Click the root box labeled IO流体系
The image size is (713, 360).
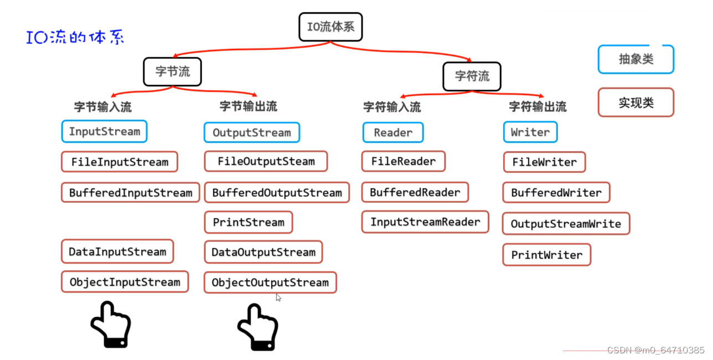(x=330, y=27)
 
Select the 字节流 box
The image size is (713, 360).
(x=172, y=72)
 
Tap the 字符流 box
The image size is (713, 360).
(x=472, y=76)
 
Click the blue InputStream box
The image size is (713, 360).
(x=104, y=132)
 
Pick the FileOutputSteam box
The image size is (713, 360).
(x=266, y=162)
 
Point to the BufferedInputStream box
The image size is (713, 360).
(x=130, y=193)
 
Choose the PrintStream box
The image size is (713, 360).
(x=248, y=222)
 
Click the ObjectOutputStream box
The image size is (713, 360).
(x=270, y=282)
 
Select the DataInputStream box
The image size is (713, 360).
(x=117, y=251)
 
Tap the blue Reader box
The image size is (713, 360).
(x=392, y=132)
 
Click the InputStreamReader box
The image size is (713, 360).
(x=425, y=222)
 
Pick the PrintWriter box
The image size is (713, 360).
(x=546, y=255)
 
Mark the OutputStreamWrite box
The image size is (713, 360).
(x=566, y=224)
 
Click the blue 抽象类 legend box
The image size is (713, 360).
(x=635, y=59)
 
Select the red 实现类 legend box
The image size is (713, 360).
(x=635, y=102)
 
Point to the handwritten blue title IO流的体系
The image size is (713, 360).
(x=75, y=38)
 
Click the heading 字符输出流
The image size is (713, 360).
(x=537, y=106)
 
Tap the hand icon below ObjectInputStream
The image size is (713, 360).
(x=110, y=325)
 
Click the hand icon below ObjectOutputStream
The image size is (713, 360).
(x=257, y=327)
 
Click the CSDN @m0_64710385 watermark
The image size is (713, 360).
(x=655, y=350)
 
